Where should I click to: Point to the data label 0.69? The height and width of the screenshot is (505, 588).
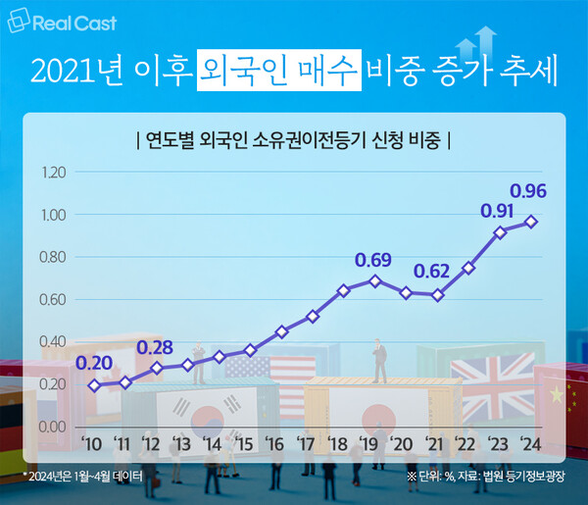tap(373, 261)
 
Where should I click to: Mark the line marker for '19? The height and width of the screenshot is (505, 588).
tap(374, 280)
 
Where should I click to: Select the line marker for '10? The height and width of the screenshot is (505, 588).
tap(94, 385)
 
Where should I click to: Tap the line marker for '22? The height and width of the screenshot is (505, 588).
tap(469, 268)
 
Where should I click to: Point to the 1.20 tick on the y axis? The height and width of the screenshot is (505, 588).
tap(53, 173)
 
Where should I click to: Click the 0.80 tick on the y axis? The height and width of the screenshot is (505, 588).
tap(53, 258)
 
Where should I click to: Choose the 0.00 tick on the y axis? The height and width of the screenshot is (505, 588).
tap(53, 428)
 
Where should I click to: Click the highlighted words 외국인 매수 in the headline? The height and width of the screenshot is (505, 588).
tap(277, 72)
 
